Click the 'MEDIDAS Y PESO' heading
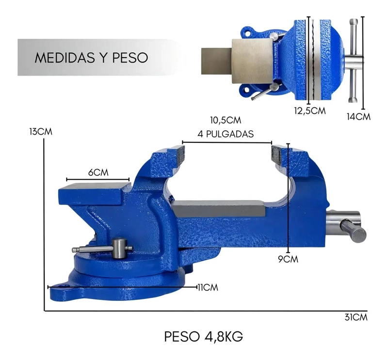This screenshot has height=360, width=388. (x=91, y=57)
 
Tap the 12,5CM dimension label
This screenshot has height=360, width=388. (x=310, y=110)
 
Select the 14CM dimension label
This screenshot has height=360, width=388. (x=358, y=116)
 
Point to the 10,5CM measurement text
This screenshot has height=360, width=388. (x=226, y=120)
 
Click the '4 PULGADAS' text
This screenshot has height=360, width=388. (x=226, y=134)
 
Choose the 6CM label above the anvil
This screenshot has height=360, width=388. (x=98, y=172)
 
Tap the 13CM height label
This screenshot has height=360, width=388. (x=41, y=131)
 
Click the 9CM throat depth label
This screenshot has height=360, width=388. (x=288, y=259)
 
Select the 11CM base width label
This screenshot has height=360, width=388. (x=208, y=287)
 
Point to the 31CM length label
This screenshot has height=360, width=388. (x=356, y=317)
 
